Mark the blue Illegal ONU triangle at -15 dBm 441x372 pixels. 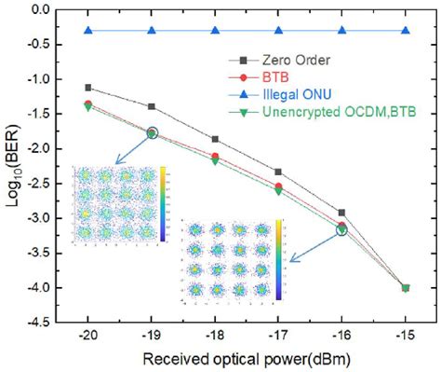coord(406,31)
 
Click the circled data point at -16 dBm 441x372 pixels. coord(342,228)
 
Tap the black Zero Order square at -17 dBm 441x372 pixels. coord(279,172)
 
